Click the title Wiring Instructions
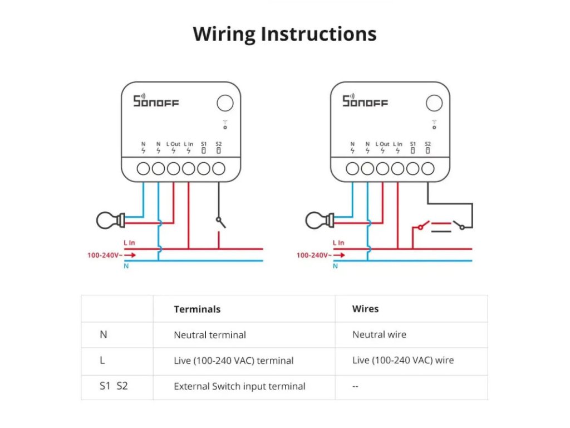tap(284, 34)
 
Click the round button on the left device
tap(225, 103)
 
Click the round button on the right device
tap(434, 103)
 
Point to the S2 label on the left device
tap(218, 144)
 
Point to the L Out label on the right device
tap(382, 144)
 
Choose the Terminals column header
tap(197, 309)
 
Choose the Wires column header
tap(365, 308)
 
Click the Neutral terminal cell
tap(210, 335)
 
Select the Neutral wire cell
tap(379, 334)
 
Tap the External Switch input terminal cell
tap(239, 386)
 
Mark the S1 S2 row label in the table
tap(114, 386)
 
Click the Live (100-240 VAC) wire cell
tap(403, 360)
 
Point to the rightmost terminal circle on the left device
tap(219, 168)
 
